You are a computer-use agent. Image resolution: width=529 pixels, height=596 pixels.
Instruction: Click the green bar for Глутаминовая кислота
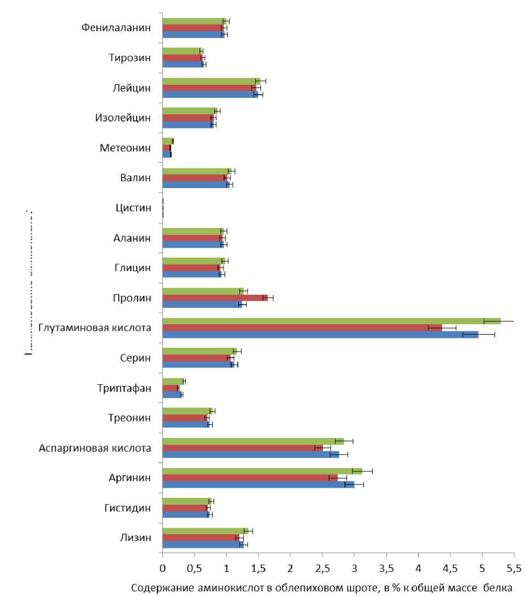(328, 320)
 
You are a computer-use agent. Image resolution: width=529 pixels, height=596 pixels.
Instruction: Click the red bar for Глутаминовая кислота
(301, 328)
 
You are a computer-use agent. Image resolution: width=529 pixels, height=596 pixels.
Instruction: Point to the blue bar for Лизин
(202, 545)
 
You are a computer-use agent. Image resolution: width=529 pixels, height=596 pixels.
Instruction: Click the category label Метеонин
(125, 148)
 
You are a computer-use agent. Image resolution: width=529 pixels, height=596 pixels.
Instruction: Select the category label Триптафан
(124, 388)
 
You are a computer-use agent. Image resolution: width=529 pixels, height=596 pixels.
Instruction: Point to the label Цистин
(133, 208)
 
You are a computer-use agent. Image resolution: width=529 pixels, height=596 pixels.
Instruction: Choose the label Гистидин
(127, 508)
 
